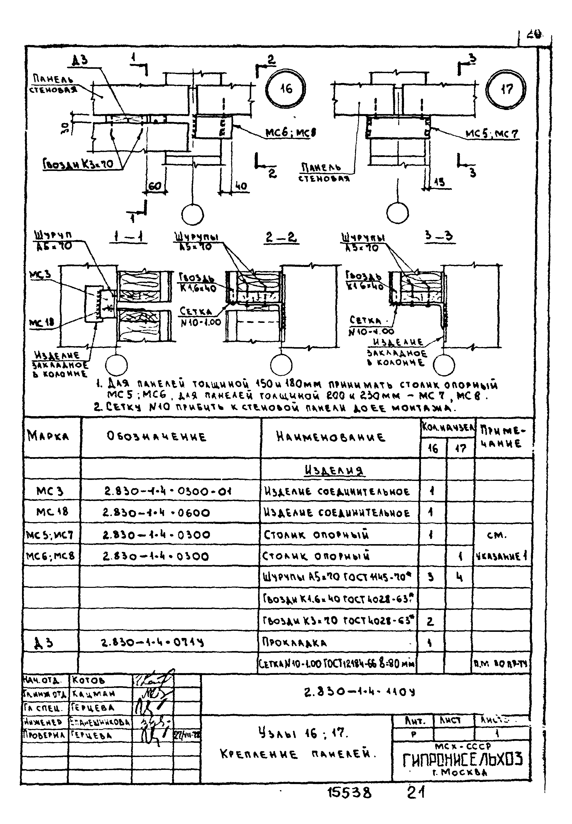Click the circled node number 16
286,88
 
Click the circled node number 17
507,89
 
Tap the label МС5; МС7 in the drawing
492,134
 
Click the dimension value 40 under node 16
241,186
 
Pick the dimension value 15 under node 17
439,182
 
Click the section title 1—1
128,237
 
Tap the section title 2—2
282,237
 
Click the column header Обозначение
156,437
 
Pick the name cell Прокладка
295,643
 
